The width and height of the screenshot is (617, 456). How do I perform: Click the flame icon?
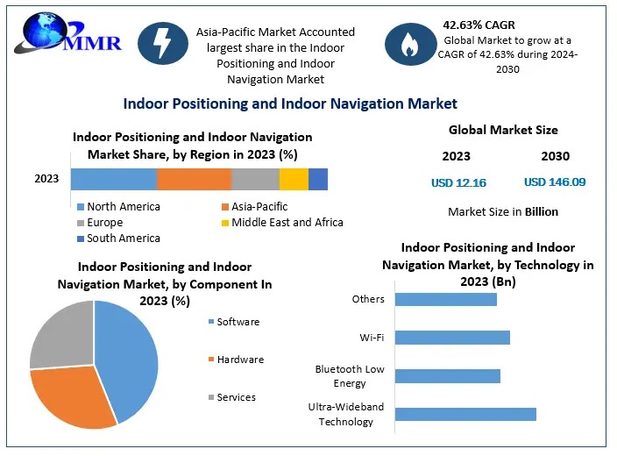pyautogui.click(x=409, y=45)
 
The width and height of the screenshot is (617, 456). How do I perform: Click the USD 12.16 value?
pyautogui.click(x=458, y=182)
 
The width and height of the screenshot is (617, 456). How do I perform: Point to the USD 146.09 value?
pyautogui.click(x=555, y=182)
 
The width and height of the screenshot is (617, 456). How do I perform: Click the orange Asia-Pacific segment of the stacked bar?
pyautogui.click(x=194, y=179)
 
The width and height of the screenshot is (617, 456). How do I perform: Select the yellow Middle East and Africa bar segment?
pyautogui.click(x=294, y=179)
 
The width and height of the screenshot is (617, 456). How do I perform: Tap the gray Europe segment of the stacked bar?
pyautogui.click(x=255, y=179)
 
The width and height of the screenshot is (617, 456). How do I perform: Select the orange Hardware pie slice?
pyautogui.click(x=74, y=399)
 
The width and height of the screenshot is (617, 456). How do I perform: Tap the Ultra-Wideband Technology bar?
pyautogui.click(x=465, y=414)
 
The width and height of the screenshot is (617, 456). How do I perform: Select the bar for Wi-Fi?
pyautogui.click(x=452, y=338)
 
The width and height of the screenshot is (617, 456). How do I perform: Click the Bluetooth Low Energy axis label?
pyautogui.click(x=350, y=375)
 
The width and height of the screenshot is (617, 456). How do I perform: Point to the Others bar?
pyautogui.click(x=446, y=299)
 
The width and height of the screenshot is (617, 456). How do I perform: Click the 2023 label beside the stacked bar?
pyautogui.click(x=46, y=179)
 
